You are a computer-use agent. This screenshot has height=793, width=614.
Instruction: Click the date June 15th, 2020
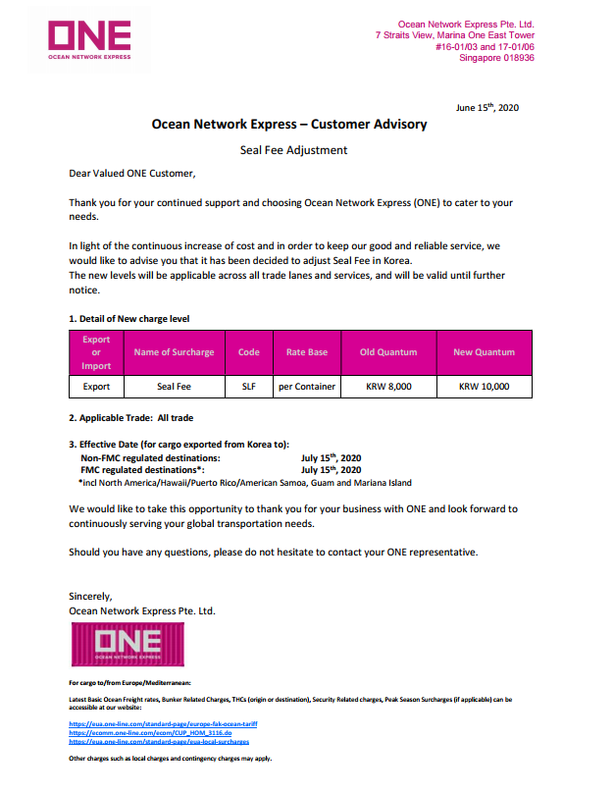[x=487, y=107]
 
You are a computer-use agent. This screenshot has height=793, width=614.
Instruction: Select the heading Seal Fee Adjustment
[x=293, y=150]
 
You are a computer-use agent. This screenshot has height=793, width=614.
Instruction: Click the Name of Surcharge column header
[x=174, y=352]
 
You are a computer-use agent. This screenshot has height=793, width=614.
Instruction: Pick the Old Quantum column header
[x=388, y=352]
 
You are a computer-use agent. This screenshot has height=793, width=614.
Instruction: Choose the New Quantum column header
[x=484, y=352]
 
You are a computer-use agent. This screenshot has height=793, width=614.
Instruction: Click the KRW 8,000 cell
[x=388, y=387]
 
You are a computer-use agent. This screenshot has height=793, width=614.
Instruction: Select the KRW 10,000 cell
[x=484, y=387]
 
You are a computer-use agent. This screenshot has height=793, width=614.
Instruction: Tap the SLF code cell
[x=248, y=387]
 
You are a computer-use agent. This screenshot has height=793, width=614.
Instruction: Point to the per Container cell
[x=307, y=387]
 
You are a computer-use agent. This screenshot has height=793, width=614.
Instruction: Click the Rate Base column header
[x=307, y=352]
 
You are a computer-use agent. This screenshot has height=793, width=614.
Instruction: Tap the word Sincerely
[x=91, y=596]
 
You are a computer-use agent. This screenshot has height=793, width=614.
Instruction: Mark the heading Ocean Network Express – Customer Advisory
[x=289, y=125]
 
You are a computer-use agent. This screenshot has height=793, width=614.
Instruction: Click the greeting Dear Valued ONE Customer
[x=132, y=174]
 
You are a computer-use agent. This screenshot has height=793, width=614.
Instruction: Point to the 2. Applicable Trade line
[x=130, y=418]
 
